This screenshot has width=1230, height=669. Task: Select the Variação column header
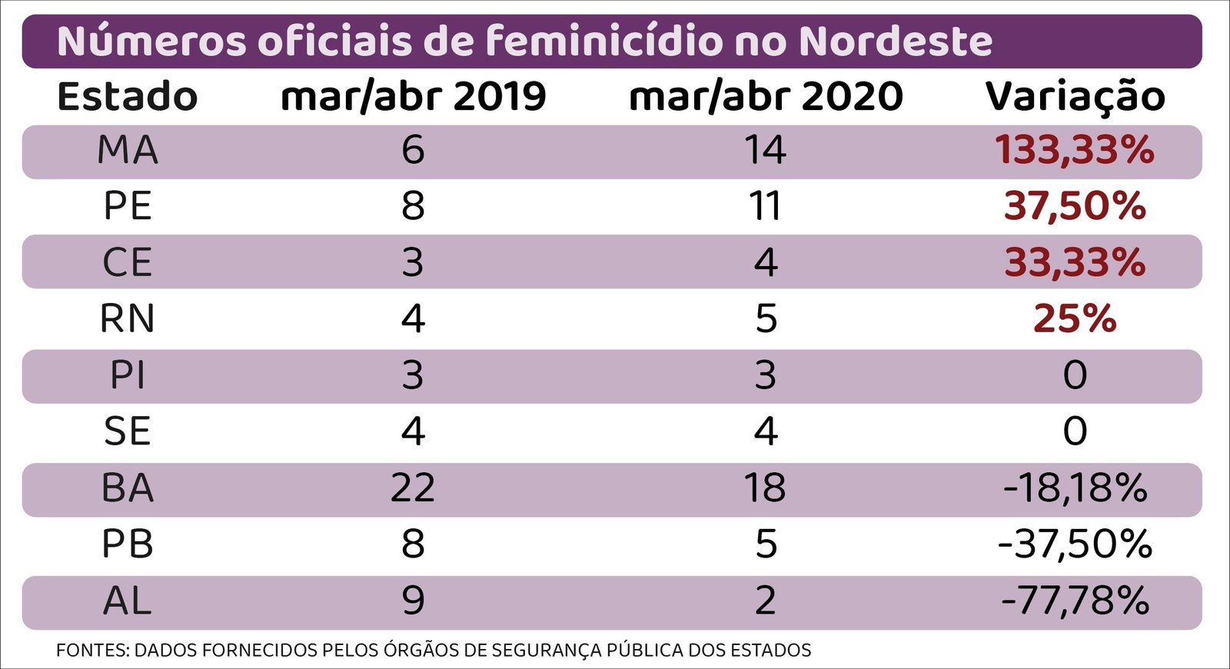[1075, 97]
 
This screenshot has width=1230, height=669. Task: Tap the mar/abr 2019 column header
[413, 97]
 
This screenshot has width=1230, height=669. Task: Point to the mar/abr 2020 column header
[766, 97]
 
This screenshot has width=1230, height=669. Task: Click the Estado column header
[128, 97]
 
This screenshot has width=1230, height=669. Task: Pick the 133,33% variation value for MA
[1075, 150]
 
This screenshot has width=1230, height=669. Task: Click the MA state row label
[128, 150]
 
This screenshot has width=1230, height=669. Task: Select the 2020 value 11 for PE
[766, 206]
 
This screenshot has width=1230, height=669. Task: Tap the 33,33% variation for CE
[1075, 262]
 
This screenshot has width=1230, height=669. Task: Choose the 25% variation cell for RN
[1075, 318]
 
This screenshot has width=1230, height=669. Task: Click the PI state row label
[128, 375]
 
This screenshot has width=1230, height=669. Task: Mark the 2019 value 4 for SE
[413, 431]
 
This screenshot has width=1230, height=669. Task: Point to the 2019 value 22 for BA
[413, 488]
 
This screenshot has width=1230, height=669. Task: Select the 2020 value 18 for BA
[766, 488]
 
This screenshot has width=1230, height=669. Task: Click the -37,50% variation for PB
[1075, 544]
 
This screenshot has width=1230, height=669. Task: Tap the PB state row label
[128, 544]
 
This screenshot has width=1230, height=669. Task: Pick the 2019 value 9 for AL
[413, 601]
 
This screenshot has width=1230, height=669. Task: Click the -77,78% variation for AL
[1075, 601]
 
